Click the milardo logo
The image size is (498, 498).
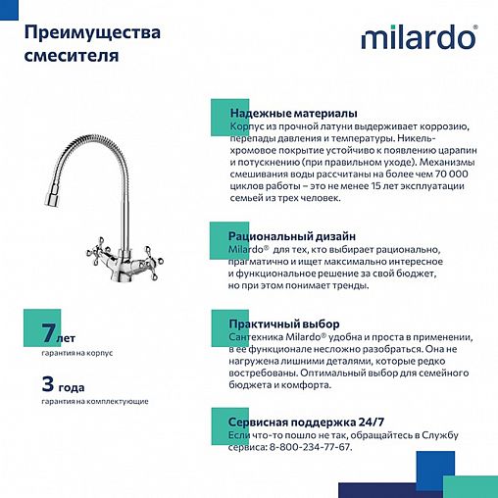coord(420,37)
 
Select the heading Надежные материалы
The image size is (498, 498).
coord(292,113)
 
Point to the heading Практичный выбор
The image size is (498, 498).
coord(283,324)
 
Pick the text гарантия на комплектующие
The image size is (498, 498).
coord(95,401)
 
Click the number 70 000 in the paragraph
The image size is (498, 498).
coord(449,173)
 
